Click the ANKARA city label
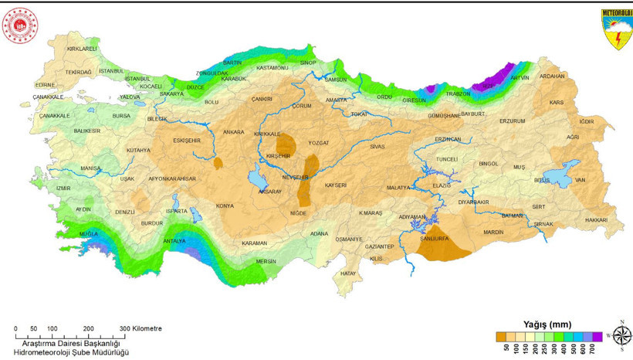(x=233, y=132)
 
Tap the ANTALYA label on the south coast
(x=174, y=240)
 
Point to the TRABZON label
(x=458, y=93)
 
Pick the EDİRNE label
(x=45, y=84)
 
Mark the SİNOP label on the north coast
(x=308, y=62)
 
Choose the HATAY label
(x=348, y=273)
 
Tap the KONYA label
(x=225, y=206)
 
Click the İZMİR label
(x=63, y=188)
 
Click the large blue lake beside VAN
(x=560, y=172)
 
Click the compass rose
(x=621, y=335)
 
